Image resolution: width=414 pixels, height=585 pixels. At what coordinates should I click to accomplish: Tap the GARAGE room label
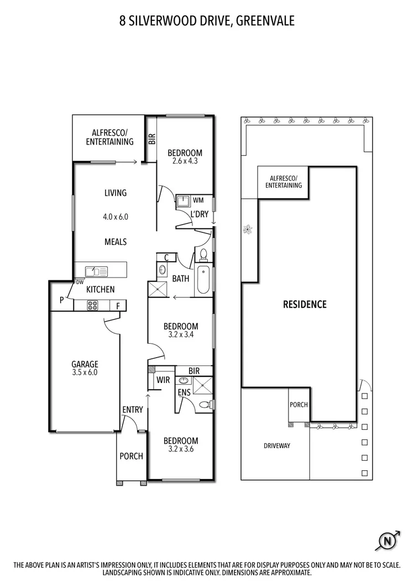click(x=85, y=364)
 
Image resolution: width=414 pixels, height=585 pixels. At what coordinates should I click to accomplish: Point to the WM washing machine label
click(x=198, y=200)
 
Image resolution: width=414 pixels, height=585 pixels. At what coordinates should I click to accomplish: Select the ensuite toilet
click(x=205, y=405)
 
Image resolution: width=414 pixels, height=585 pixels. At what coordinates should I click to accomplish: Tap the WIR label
click(x=163, y=380)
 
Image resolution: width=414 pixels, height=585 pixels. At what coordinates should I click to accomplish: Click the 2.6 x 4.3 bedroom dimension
click(x=185, y=162)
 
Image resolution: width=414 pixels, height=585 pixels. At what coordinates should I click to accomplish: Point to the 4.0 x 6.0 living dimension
click(x=115, y=217)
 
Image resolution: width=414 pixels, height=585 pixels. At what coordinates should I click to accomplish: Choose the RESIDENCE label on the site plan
click(x=305, y=304)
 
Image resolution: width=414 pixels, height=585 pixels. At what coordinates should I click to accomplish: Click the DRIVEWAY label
click(x=277, y=445)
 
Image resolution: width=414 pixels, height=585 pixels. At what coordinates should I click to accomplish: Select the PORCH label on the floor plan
click(x=132, y=456)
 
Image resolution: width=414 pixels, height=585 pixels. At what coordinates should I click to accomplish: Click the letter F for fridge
click(x=118, y=306)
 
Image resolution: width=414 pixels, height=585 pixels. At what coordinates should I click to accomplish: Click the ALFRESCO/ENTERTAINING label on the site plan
click(x=284, y=182)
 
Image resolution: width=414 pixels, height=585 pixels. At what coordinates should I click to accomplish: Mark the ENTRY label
click(x=133, y=410)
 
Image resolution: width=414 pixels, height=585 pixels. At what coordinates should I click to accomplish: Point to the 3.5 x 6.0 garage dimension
click(x=85, y=373)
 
